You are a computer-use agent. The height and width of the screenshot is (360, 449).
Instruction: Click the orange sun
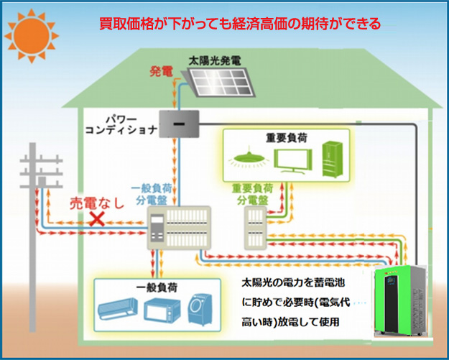32,36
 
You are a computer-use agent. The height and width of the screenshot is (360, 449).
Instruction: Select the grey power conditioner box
180,124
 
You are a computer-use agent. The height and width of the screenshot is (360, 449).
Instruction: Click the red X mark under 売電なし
97,219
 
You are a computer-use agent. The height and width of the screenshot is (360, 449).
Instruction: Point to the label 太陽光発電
215,61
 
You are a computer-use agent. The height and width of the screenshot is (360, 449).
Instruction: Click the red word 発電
161,72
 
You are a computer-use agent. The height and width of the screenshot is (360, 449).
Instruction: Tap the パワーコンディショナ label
121,126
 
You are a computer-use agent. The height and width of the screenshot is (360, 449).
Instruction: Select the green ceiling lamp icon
249,157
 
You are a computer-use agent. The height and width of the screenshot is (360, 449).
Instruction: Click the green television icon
293,160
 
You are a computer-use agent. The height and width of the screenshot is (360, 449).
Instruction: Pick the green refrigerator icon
332,160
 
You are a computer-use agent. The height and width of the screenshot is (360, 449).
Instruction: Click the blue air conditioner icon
118,309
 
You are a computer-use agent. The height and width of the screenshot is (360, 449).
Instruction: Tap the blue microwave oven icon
162,310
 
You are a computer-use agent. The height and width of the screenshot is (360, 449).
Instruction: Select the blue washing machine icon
200,310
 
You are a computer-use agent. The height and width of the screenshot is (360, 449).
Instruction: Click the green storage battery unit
401,300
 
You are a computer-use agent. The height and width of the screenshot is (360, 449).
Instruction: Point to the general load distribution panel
179,228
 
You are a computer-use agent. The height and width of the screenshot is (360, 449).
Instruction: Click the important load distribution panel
256,229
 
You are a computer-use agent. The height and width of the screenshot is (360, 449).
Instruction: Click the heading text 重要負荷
287,138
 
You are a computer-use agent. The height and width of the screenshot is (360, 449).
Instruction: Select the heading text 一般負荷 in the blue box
157,287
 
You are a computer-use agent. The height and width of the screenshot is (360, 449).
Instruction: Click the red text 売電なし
98,203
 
